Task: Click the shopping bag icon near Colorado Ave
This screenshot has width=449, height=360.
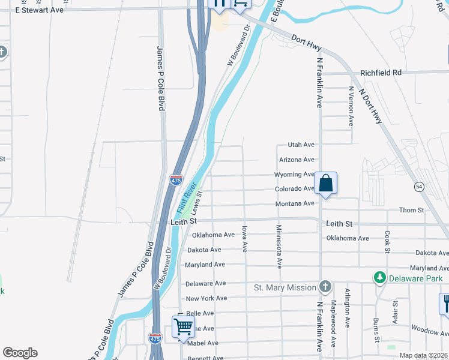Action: [325, 184]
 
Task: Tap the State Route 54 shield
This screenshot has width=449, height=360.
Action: [418, 187]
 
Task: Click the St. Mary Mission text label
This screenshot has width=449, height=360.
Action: [285, 287]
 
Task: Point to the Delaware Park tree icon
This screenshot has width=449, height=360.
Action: [379, 278]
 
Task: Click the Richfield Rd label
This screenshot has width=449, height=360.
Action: [381, 73]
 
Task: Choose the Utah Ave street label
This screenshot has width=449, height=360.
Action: [301, 145]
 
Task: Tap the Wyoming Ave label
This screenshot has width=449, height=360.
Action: [294, 175]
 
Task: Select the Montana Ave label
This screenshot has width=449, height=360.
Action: [295, 204]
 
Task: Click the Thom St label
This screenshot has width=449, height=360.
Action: [412, 210]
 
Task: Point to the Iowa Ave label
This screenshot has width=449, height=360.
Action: [244, 239]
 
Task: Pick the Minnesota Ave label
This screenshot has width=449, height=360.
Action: [279, 246]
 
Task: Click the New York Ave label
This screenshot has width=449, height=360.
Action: [206, 298]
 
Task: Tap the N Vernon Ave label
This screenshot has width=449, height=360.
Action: [351, 105]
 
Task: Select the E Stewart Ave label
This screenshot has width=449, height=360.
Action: [38, 10]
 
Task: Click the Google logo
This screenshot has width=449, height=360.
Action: [20, 353]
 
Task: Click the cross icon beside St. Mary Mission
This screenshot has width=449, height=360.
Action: [325, 287]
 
